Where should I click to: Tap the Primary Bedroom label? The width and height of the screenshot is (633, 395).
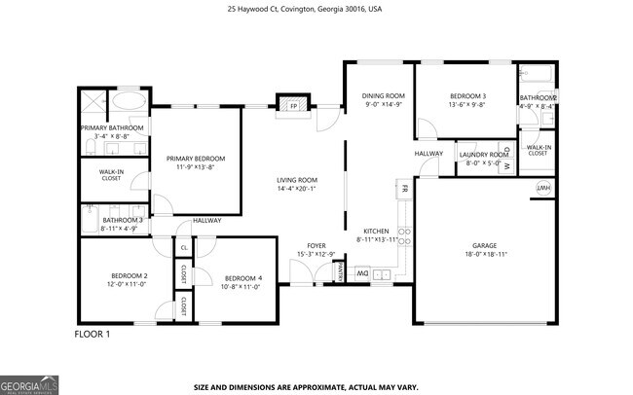click(195, 159)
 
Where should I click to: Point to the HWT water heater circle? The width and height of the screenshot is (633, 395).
click(543, 189)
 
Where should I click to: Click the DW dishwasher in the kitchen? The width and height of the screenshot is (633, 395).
click(359, 275)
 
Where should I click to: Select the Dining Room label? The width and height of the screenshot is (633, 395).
click(382, 95)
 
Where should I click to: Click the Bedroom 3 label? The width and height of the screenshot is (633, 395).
click(467, 95)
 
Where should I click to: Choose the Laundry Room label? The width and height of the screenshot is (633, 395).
click(484, 155)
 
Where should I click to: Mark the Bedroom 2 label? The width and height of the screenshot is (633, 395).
click(127, 276)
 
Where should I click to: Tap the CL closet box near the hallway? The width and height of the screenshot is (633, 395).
click(183, 248)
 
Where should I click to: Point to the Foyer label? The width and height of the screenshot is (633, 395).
click(316, 245)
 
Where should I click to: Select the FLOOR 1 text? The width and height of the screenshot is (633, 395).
click(93, 334)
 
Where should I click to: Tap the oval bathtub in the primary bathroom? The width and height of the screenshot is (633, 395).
click(128, 100)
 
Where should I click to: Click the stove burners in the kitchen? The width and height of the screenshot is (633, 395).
click(404, 243)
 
